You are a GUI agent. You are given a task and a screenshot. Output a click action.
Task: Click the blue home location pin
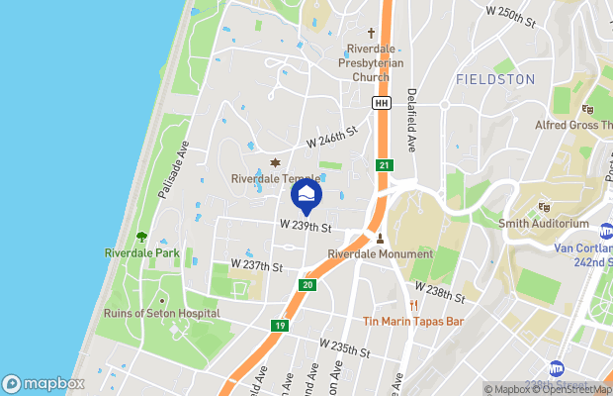click(307, 196)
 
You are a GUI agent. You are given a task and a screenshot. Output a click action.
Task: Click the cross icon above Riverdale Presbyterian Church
click(372, 33)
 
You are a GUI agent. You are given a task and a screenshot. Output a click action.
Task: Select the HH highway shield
click(381, 103)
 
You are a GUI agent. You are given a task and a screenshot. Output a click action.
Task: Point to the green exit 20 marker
click(307, 284)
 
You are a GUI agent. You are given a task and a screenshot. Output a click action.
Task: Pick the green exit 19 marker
click(281, 324)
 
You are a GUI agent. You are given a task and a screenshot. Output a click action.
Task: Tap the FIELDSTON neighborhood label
click(495, 78)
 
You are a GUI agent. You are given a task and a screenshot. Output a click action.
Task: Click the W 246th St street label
click(330, 143)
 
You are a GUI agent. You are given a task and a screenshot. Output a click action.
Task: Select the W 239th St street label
click(304, 226)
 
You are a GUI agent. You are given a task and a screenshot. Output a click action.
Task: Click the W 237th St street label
click(257, 266)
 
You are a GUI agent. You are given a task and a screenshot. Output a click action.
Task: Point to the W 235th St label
click(344, 347)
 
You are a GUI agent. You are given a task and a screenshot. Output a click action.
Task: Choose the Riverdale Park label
click(141, 252)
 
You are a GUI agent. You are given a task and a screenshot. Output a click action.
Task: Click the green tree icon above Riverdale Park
click(141, 237)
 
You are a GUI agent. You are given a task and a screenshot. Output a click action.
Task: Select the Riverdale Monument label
click(381, 253)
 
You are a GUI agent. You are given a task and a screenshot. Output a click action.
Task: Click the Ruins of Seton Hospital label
click(161, 314)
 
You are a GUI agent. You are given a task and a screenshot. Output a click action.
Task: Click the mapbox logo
click(44, 383)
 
